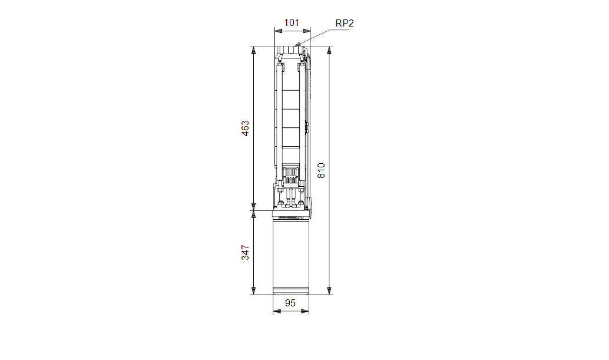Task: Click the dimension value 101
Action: (292, 23)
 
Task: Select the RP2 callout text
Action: (345, 24)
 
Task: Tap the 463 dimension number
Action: (246, 128)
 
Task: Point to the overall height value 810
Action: (321, 170)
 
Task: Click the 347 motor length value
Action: (246, 253)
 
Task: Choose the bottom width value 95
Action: (290, 303)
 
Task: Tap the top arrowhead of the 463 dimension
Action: (253, 51)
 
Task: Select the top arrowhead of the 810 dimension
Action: (329, 51)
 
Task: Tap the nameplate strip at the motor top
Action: (290, 217)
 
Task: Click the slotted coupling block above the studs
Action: (290, 175)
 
